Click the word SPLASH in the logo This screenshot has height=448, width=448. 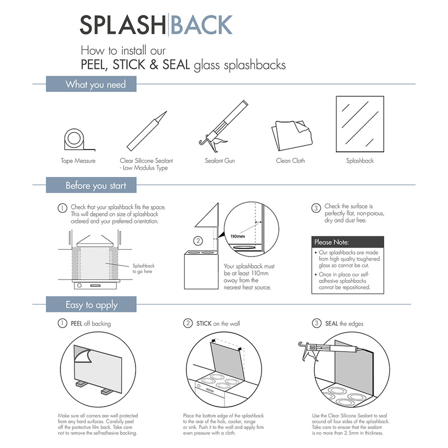(122, 25)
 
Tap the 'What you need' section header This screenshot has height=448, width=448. (95, 85)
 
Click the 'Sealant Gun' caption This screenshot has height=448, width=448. (220, 161)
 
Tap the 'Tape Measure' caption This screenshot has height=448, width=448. (78, 161)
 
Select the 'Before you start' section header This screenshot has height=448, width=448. (96, 185)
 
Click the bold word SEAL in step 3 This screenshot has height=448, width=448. (332, 324)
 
